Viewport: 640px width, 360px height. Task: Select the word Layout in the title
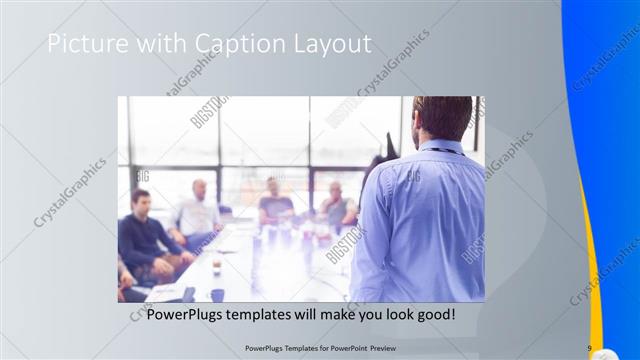336,44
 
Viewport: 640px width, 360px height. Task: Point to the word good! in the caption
436,315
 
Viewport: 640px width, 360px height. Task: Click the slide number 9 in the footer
589,348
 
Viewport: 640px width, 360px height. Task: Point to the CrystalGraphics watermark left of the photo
69,190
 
